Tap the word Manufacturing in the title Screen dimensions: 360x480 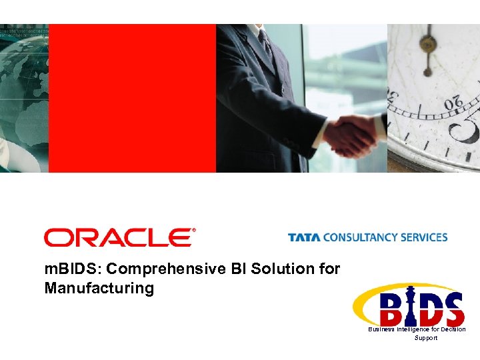point(99,289)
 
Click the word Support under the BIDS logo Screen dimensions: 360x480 point(426,338)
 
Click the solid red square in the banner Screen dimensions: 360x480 point(132,98)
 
